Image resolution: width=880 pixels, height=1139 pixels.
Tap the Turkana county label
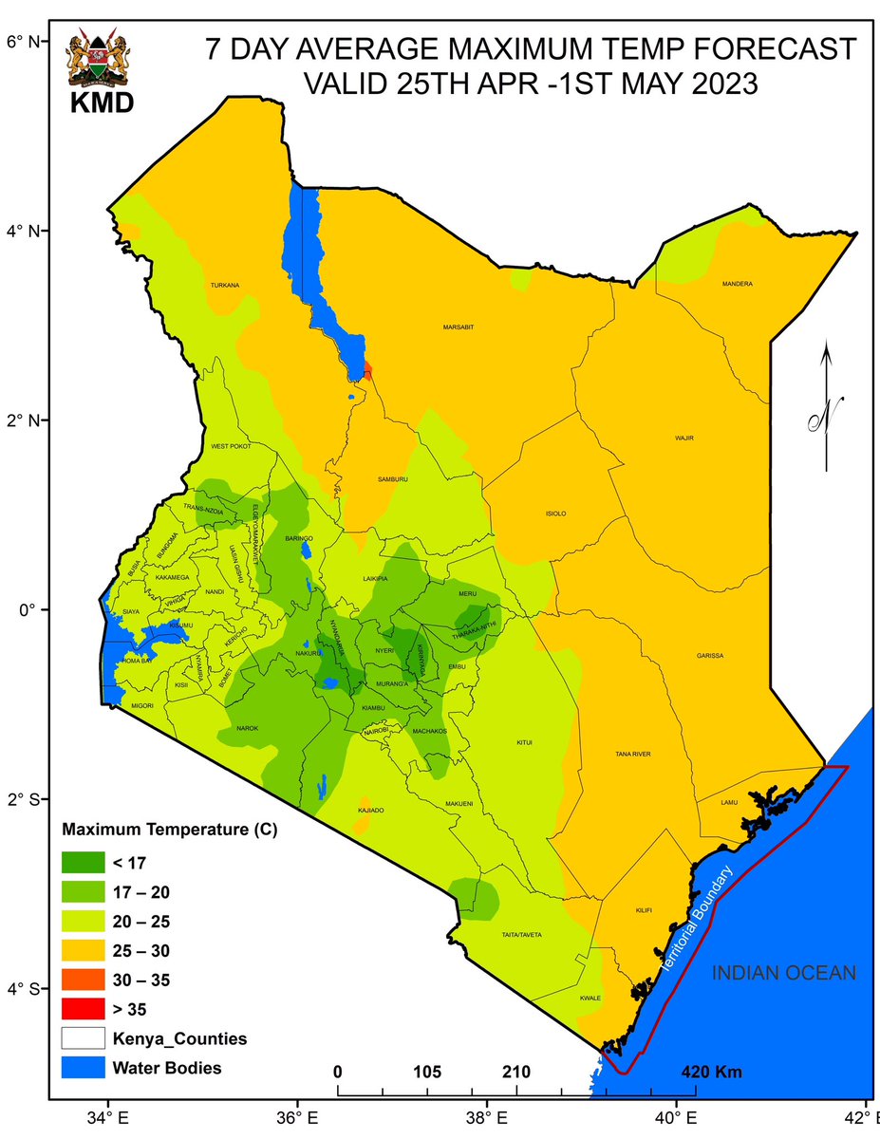[225, 285]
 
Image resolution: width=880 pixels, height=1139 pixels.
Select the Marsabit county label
[458, 327]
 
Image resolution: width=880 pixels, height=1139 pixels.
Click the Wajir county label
[684, 439]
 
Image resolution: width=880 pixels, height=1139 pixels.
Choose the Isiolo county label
[554, 513]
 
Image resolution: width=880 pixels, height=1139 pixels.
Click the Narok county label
[247, 728]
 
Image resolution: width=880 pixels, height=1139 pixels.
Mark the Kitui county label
[525, 742]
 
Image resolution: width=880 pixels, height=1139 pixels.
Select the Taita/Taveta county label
[521, 935]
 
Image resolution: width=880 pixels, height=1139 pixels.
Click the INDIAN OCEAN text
[784, 973]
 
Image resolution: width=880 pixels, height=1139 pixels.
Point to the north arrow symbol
[826, 408]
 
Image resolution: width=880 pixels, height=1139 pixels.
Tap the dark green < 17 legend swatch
[85, 863]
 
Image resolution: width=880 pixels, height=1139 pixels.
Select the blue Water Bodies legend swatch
[85, 1068]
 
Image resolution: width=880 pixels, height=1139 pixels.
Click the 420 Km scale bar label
[712, 1073]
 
